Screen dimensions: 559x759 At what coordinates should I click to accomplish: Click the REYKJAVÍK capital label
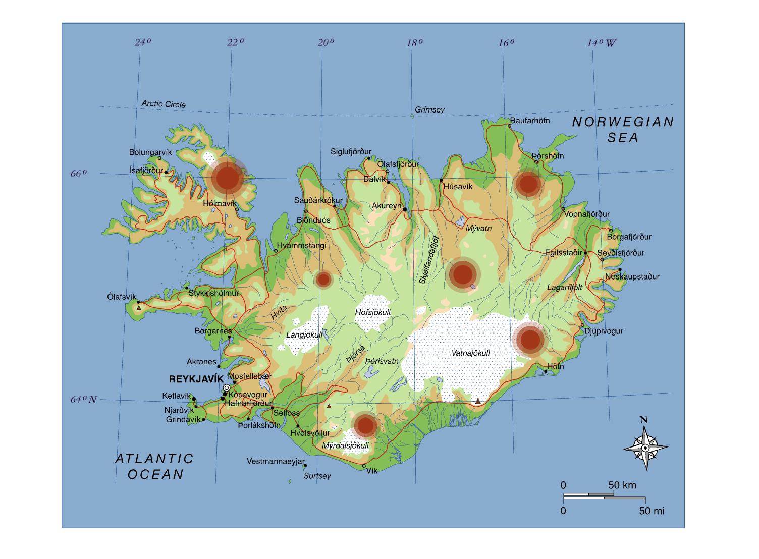[x=196, y=379]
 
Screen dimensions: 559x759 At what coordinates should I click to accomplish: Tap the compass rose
[x=645, y=448]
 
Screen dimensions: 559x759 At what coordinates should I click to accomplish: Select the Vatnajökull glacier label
[x=470, y=353]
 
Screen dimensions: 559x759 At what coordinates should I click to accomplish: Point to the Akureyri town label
[x=387, y=206]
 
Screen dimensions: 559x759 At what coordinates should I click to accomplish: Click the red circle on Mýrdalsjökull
[x=365, y=426]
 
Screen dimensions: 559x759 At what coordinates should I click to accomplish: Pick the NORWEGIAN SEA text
[x=623, y=130]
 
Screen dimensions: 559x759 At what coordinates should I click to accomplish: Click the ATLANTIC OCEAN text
[x=155, y=466]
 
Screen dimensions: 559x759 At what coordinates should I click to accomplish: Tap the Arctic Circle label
[x=164, y=104]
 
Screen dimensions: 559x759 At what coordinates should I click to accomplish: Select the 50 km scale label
[x=622, y=485]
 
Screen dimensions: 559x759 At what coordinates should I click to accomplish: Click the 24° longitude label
[x=143, y=42]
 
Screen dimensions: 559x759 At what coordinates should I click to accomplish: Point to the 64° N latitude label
[x=83, y=400]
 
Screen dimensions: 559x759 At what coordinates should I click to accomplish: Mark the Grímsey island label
[x=429, y=110]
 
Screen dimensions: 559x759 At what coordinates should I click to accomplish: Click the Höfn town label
[x=555, y=366]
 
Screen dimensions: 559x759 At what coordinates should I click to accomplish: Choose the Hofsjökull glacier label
[x=372, y=313]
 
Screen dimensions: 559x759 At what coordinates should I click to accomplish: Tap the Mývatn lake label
[x=478, y=228]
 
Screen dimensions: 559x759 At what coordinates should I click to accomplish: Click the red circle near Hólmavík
[x=228, y=178]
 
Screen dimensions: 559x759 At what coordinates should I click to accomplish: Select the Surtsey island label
[x=317, y=476]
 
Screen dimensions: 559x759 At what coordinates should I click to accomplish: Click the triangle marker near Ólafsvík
[x=139, y=307]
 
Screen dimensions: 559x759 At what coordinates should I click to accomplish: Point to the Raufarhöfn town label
[x=530, y=121]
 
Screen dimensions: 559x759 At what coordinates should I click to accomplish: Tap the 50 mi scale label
[x=652, y=511]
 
